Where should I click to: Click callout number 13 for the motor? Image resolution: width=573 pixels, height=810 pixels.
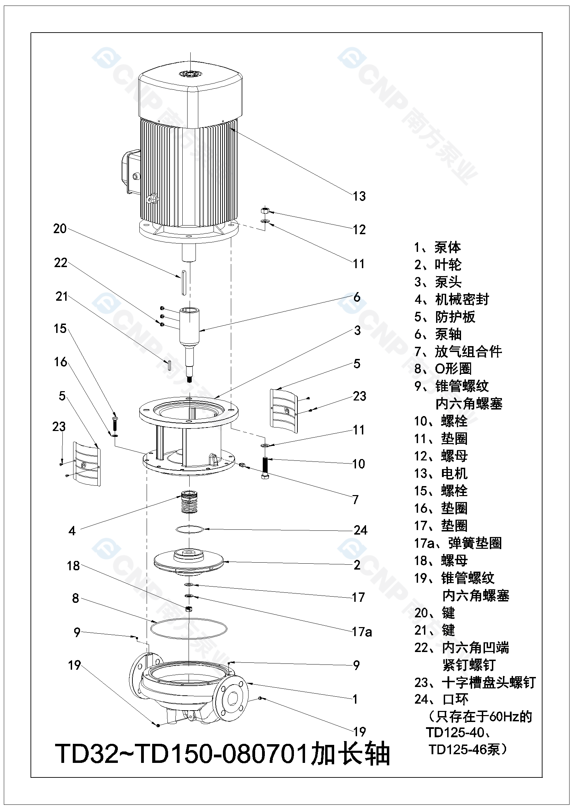point(359,196)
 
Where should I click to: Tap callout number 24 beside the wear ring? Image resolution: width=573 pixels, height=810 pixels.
point(361,530)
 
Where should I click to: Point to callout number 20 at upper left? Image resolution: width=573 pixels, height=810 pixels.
point(60,229)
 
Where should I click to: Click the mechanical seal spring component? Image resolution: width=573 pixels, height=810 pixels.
point(190,502)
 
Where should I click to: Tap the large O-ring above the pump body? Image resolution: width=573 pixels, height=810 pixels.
point(189,629)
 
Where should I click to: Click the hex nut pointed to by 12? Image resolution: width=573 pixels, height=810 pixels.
point(265,211)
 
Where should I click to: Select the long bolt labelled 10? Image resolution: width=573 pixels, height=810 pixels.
point(265,468)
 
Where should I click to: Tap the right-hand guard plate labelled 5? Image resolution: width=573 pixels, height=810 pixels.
point(284,411)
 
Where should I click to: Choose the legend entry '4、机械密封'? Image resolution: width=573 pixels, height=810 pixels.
point(452,300)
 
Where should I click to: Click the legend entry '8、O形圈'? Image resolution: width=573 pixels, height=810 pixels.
point(443,369)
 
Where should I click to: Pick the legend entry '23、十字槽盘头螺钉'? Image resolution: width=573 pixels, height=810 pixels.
point(475,683)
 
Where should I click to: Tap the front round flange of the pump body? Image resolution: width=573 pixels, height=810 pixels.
point(232,698)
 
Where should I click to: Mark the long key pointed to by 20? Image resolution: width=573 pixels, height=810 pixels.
point(184,282)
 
